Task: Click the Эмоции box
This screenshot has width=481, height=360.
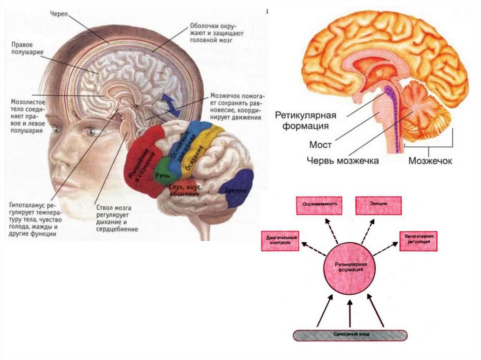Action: (379, 205)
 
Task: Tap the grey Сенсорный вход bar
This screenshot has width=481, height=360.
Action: (350, 335)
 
